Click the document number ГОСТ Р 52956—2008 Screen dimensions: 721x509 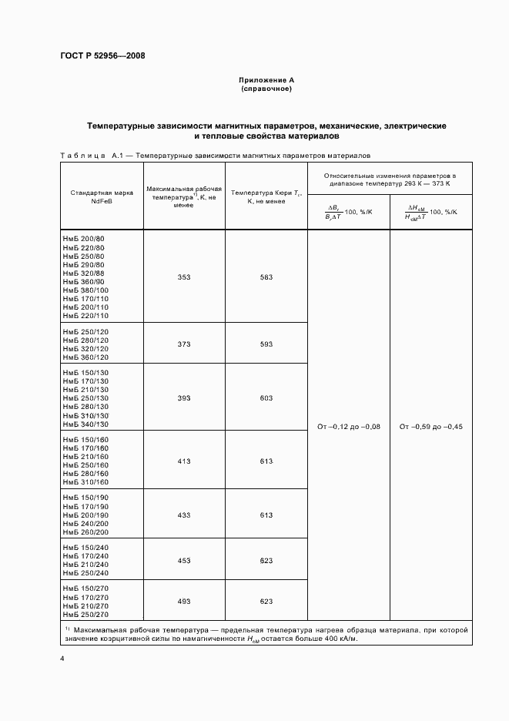point(102,56)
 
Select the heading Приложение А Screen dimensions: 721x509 point(266,80)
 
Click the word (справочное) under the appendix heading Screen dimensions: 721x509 point(266,89)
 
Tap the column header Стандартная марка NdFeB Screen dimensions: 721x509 point(102,196)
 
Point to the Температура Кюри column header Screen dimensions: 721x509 point(266,196)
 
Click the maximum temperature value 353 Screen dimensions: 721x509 point(184,277)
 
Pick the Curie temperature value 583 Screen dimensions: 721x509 point(266,277)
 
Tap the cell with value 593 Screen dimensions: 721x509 point(266,344)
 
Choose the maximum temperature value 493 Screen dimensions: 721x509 point(184,602)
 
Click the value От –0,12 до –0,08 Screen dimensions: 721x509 point(349,427)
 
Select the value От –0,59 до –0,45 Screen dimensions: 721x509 point(431,427)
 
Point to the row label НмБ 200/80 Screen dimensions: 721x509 point(84,240)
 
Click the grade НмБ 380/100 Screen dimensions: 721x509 point(86,290)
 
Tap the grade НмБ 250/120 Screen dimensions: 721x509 point(86,330)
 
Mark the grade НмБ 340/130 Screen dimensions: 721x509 point(86,424)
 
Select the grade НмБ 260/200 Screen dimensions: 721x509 point(86,532)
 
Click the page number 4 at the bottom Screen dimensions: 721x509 point(62,659)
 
